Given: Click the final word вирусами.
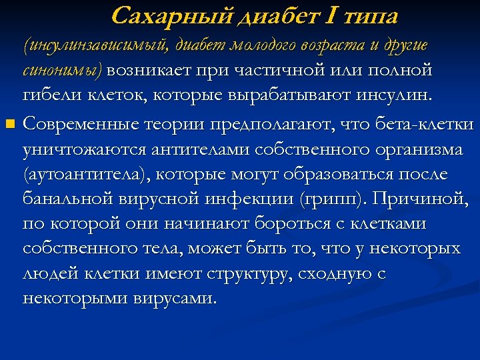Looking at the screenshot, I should click(x=177, y=297).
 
